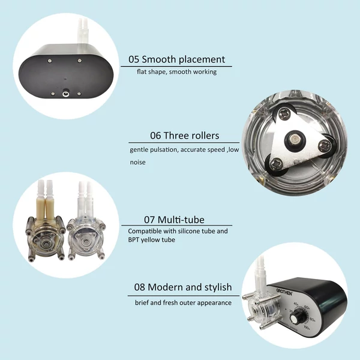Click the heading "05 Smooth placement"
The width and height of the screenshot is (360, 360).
click(x=176, y=59)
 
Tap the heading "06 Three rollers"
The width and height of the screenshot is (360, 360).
click(x=185, y=136)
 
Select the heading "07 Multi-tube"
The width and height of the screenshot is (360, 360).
click(x=174, y=220)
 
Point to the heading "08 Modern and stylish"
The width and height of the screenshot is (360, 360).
click(x=183, y=287)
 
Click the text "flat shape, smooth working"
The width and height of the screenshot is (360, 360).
click(x=176, y=72)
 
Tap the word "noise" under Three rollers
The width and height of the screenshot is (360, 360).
click(x=137, y=163)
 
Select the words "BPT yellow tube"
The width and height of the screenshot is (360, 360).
click(x=152, y=239)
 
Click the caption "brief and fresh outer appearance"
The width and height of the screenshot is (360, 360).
click(x=183, y=303)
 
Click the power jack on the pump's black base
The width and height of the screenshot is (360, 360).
click(x=65, y=94)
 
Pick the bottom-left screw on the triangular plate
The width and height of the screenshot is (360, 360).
click(x=275, y=163)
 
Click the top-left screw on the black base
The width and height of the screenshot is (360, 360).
click(x=49, y=61)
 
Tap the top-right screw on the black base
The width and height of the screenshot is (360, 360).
click(x=79, y=60)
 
